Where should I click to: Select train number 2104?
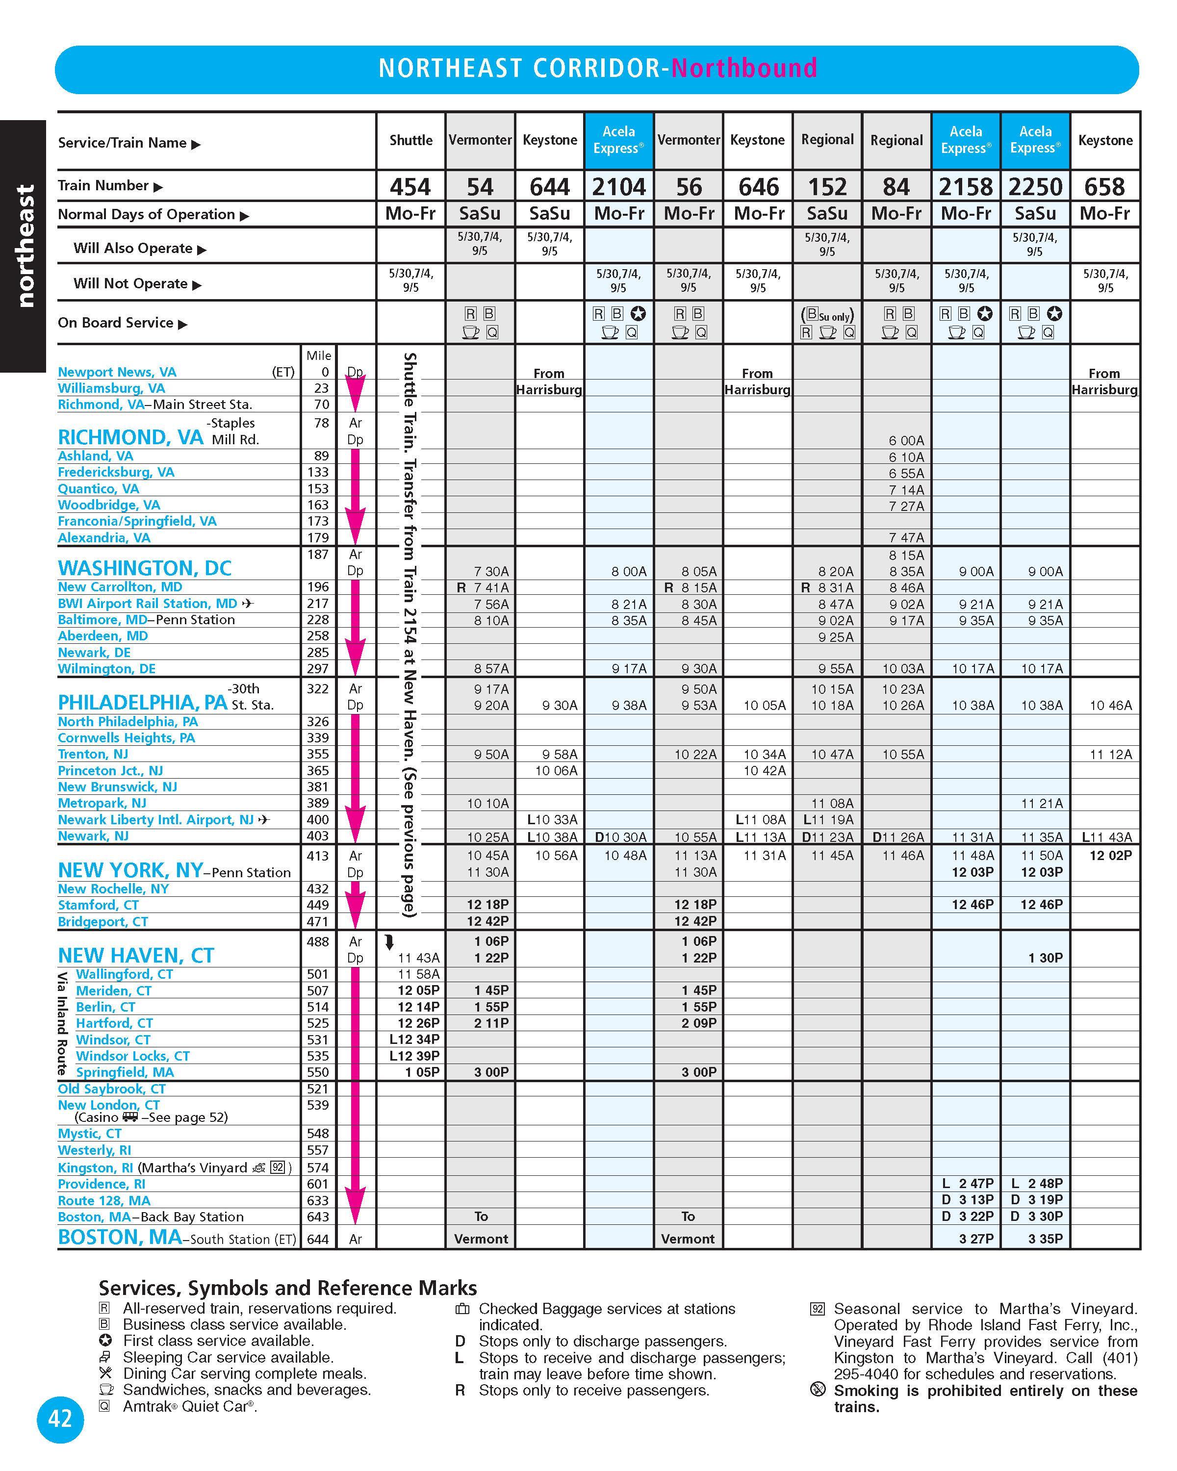pos(618,186)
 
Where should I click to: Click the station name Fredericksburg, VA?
pos(116,472)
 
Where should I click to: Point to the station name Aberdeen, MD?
pos(102,636)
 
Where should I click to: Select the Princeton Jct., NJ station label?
pos(110,770)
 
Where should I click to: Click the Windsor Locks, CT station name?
pos(132,1056)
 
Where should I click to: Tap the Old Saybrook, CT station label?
pos(111,1089)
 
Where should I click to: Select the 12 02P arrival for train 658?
pos(1110,856)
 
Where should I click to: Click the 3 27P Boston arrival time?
pos(976,1239)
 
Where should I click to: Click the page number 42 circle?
pos(60,1419)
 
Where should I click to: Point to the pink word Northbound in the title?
pos(744,68)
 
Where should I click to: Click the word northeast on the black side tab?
pos(25,246)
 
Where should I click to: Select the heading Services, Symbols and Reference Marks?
pos(287,1288)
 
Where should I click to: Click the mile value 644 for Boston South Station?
pos(317,1239)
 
